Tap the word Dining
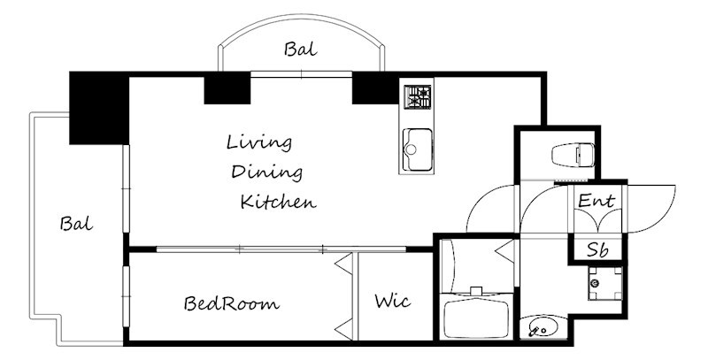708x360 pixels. click(x=266, y=172)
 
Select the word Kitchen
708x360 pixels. click(x=278, y=201)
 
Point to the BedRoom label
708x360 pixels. click(x=231, y=303)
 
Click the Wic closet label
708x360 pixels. click(x=393, y=300)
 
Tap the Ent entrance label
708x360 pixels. click(x=596, y=200)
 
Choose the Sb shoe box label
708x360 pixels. click(x=597, y=249)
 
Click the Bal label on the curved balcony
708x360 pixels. click(x=301, y=49)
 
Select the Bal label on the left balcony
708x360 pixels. click(x=76, y=223)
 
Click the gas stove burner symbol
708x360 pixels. click(x=417, y=97)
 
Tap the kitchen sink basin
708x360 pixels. click(x=418, y=149)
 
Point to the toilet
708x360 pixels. click(x=573, y=155)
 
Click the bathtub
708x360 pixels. click(x=476, y=318)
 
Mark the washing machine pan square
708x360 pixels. click(x=605, y=283)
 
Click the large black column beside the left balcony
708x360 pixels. click(x=99, y=108)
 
